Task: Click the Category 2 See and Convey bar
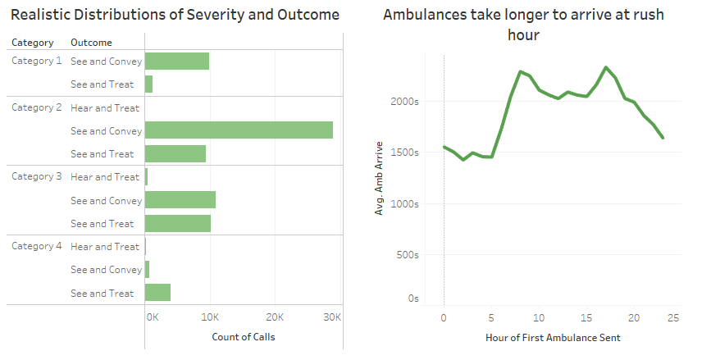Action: coord(239,130)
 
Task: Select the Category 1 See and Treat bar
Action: coord(148,84)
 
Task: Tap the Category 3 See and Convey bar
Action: coord(180,200)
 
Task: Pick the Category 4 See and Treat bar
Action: coord(157,293)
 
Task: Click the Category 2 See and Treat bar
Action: coord(175,153)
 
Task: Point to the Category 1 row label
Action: coord(36,62)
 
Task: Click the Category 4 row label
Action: coord(36,246)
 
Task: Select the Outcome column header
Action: coord(91,43)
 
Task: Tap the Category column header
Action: coord(33,43)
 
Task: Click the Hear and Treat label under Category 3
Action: coord(105,177)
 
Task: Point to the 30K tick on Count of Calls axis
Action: coord(332,317)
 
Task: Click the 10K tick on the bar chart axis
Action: coord(210,317)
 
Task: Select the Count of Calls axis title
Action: coord(244,337)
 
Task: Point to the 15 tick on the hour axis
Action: coord(586,317)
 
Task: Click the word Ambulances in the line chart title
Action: coord(428,16)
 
